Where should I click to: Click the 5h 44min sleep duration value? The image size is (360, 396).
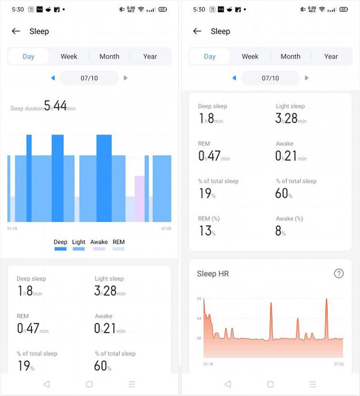(59, 106)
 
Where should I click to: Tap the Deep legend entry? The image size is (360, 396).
(60, 245)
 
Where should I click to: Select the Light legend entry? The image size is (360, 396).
(79, 245)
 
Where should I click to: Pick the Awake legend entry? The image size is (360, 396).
(99, 245)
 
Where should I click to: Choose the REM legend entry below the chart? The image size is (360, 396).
(119, 245)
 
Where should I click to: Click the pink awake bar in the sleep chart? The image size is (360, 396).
(139, 198)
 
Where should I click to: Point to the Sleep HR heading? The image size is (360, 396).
(213, 274)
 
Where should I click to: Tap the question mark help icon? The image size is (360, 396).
(339, 273)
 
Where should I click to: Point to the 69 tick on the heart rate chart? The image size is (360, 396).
(199, 298)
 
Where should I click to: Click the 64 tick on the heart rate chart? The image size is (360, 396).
(199, 319)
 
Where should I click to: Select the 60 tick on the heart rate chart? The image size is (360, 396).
(199, 338)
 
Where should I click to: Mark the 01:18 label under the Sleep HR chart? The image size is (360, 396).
(208, 364)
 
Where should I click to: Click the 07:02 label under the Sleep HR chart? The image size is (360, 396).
(339, 364)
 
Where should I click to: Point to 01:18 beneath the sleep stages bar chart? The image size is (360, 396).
(12, 229)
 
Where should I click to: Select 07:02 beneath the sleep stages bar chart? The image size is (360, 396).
(166, 229)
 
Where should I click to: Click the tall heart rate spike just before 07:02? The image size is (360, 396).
(326, 301)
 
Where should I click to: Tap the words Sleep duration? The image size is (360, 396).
(27, 108)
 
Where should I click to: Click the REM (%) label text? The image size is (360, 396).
(209, 219)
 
